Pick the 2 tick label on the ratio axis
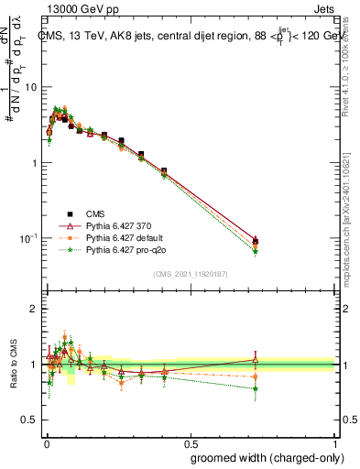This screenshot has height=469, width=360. pos(34,309)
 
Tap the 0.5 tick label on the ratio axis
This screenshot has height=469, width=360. pos(30,419)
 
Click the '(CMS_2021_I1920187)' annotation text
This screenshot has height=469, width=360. pos(190,272)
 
